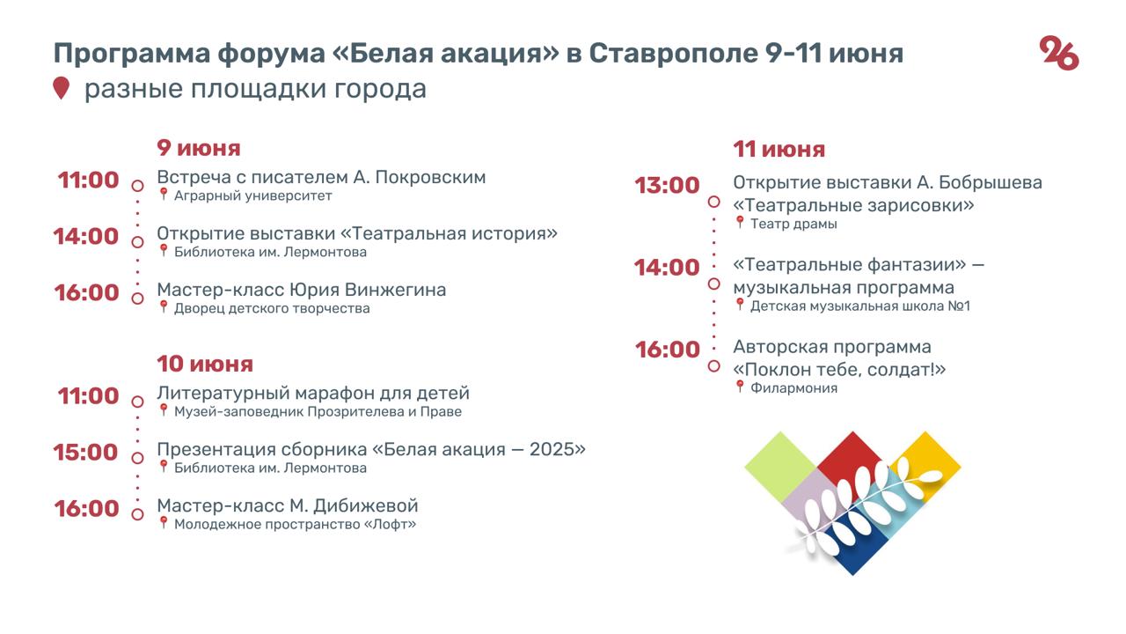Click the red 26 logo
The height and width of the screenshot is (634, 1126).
(x=1058, y=53)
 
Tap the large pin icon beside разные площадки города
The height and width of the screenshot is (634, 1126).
(x=61, y=88)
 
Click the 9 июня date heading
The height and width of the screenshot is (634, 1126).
(x=199, y=148)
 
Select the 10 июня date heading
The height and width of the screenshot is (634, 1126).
(x=205, y=364)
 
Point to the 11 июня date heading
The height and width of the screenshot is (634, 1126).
(x=779, y=150)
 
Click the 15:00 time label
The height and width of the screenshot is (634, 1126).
(x=85, y=452)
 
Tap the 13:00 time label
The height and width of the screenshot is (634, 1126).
(x=667, y=185)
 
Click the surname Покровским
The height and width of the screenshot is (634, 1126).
(x=430, y=177)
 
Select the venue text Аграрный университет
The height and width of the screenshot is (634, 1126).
(x=252, y=195)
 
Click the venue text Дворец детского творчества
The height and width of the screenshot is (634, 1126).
(x=272, y=308)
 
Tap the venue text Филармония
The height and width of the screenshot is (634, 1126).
(x=793, y=388)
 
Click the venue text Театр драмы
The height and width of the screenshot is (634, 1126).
(x=793, y=224)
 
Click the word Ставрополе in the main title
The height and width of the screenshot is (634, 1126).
(x=674, y=54)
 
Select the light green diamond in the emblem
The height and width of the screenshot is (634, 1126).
(x=780, y=467)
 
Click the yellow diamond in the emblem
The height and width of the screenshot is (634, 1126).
(x=925, y=466)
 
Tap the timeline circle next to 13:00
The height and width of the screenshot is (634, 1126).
(x=713, y=202)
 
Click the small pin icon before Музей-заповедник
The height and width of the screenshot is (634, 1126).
(x=163, y=410)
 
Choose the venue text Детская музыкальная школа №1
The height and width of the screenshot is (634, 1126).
(x=860, y=306)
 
